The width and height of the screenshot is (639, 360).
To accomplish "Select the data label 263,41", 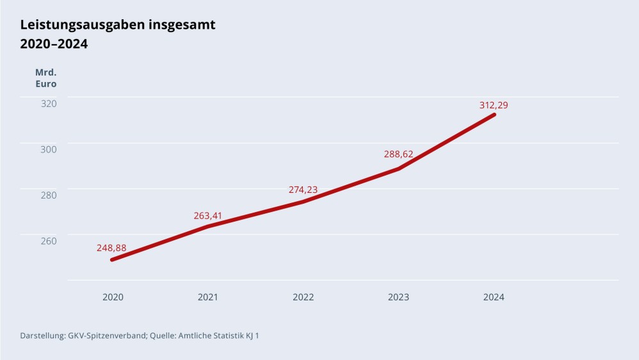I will (207, 215).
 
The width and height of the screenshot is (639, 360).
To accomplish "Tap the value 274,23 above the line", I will (303, 190).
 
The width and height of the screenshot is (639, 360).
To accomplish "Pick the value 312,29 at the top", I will (494, 105).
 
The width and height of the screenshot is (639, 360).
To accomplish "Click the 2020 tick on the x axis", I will (113, 297).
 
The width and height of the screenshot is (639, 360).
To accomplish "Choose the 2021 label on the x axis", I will (207, 297).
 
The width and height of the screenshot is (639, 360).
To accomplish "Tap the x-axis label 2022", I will (303, 297).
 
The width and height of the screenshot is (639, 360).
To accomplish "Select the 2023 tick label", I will (398, 297).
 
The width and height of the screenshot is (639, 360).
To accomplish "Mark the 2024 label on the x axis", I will (494, 297).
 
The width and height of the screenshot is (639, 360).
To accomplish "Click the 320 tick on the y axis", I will (49, 103).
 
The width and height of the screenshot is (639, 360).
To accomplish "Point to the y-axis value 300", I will (49, 149).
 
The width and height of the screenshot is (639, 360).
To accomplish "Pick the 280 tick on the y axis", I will (49, 195).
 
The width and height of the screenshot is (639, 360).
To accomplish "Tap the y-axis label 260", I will (49, 241).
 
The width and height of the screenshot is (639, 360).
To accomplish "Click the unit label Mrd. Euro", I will (45, 78).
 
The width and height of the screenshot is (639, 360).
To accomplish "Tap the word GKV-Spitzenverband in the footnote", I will (107, 336).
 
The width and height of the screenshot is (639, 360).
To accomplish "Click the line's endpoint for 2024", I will (494, 115).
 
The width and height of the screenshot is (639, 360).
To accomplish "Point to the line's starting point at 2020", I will (112, 259).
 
